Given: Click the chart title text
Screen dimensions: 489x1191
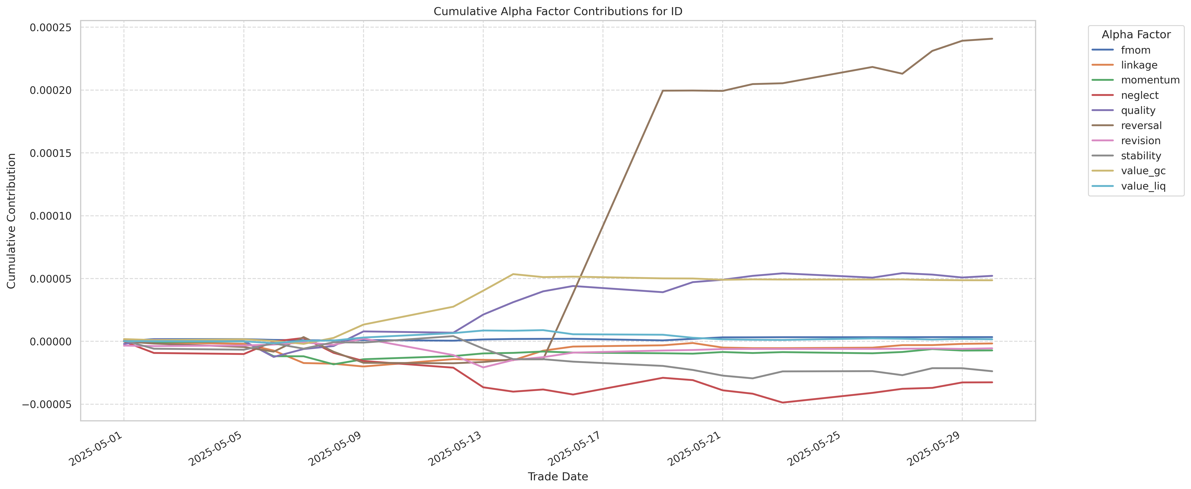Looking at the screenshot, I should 558,11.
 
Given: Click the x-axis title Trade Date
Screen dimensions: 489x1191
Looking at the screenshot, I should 558,477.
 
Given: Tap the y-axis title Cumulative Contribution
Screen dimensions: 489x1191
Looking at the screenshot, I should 12,221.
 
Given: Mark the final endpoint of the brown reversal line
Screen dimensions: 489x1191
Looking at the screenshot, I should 992,39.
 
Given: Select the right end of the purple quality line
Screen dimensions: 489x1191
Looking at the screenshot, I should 992,276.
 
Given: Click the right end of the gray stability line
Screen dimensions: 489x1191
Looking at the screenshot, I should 992,371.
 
